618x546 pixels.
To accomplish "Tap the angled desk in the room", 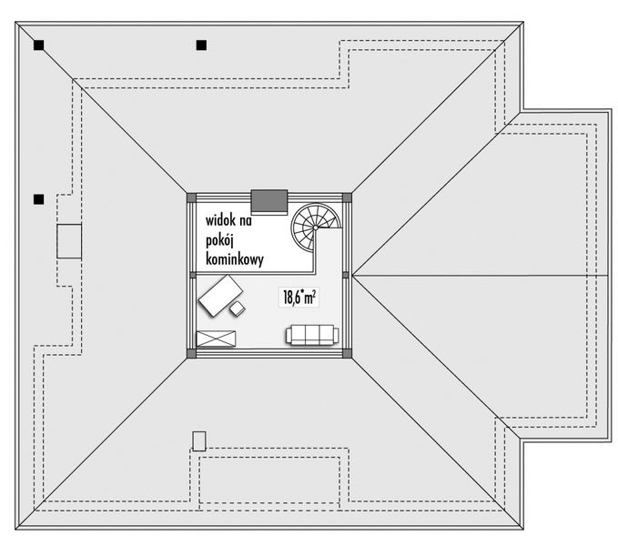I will pos(220,296).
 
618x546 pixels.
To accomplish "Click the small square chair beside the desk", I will pos(238,308).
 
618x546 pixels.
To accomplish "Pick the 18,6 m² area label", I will pos(299,297).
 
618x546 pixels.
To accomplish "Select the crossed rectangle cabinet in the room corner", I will pos(216,339).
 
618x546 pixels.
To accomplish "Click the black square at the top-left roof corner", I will pos(38,44).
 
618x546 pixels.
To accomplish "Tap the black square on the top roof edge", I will pos(200,44).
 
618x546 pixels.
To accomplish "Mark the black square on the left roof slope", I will pos(38,198).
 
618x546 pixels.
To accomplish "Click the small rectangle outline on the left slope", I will pos(70,241).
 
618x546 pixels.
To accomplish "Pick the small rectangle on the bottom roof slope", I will pos(198,440).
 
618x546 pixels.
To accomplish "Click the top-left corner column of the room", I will pos(191,197).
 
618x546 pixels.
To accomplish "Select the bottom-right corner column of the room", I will pos(346,353).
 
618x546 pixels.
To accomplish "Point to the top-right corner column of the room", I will pos(347,197).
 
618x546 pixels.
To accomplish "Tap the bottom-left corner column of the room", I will pos(190,353).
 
